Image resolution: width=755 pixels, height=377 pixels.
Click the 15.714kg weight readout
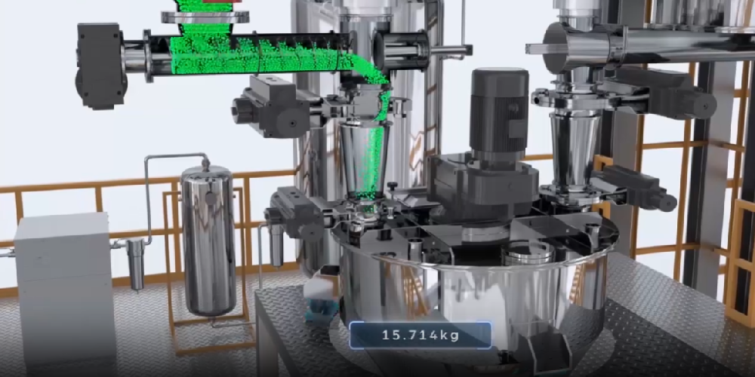420,336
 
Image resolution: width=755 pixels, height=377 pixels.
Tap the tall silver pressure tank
208,240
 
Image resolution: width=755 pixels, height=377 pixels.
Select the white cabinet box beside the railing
65,289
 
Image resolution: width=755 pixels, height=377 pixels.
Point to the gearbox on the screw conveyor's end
100,66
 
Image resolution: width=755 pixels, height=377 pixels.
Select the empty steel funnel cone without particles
572,149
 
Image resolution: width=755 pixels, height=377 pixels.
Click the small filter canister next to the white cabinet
135,264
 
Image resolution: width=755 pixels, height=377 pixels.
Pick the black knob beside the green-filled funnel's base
393,185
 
